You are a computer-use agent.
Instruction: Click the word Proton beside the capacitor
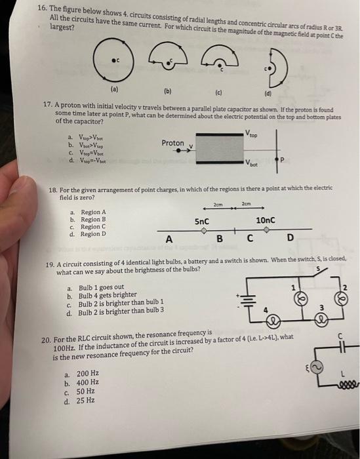pyautogui.click(x=172, y=143)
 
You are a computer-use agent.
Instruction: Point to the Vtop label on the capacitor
pyautogui.click(x=251, y=131)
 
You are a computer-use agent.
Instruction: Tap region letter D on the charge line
pyautogui.click(x=290, y=237)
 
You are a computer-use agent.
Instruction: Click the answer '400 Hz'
pyautogui.click(x=87, y=383)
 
